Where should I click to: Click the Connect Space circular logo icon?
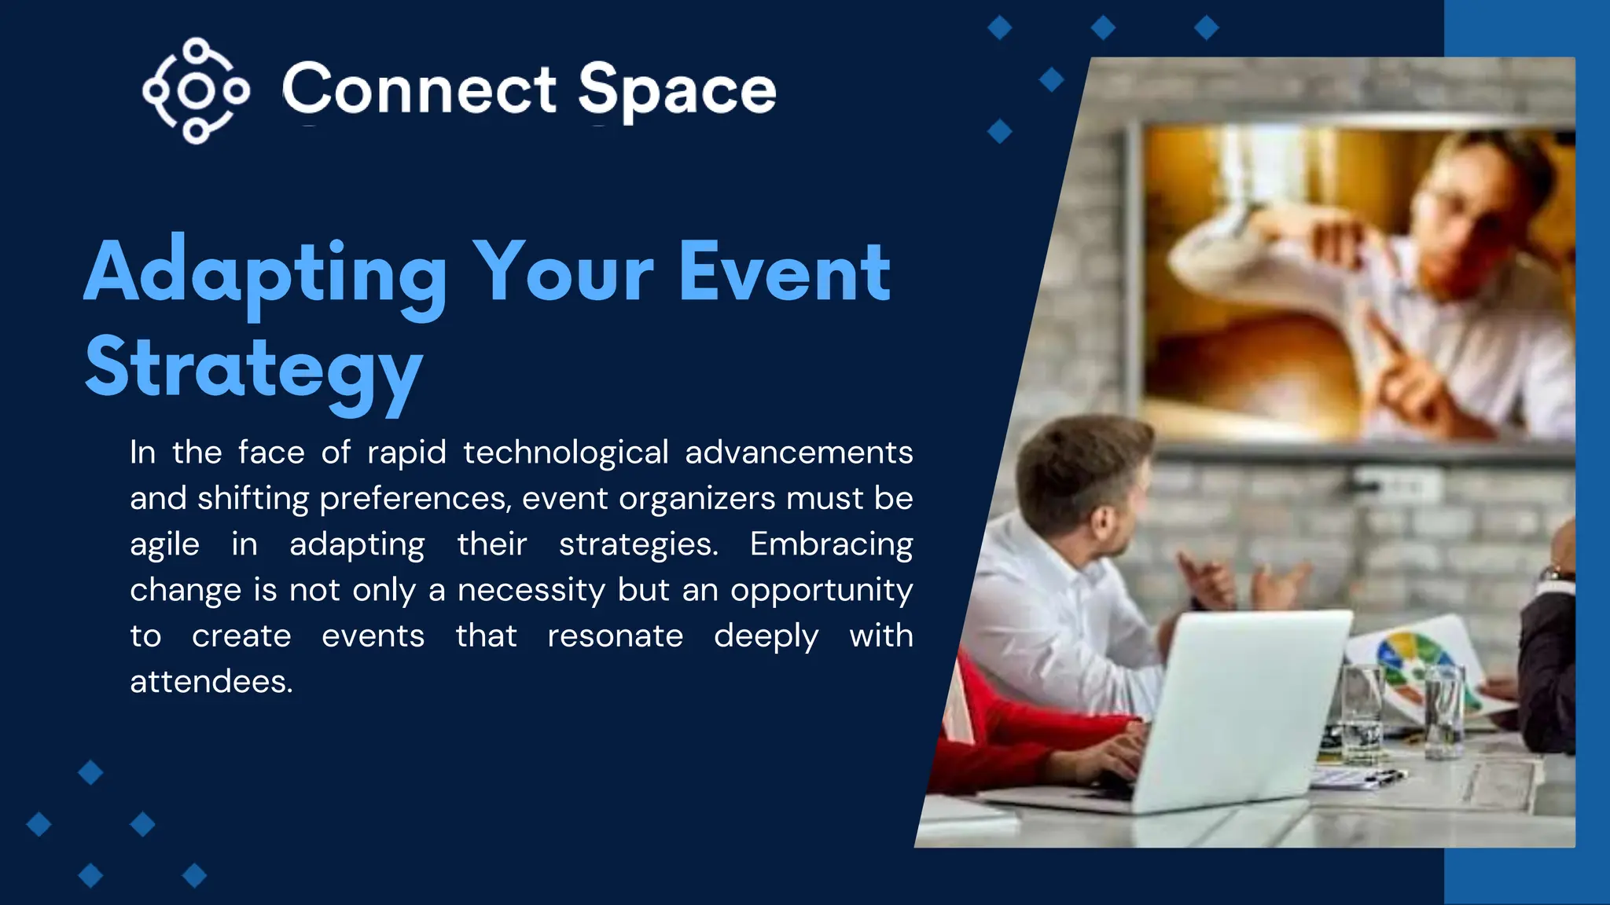(x=196, y=90)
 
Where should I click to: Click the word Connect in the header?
(x=419, y=90)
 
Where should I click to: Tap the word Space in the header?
(x=677, y=91)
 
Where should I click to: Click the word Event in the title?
(x=784, y=273)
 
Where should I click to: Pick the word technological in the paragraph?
(x=565, y=452)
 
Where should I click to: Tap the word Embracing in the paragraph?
(x=831, y=544)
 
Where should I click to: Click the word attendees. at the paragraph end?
(x=211, y=681)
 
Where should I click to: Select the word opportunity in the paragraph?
(x=822, y=590)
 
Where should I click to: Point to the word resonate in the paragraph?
(x=615, y=636)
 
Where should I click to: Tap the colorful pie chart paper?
(x=1415, y=660)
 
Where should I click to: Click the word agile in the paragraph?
(x=164, y=544)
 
